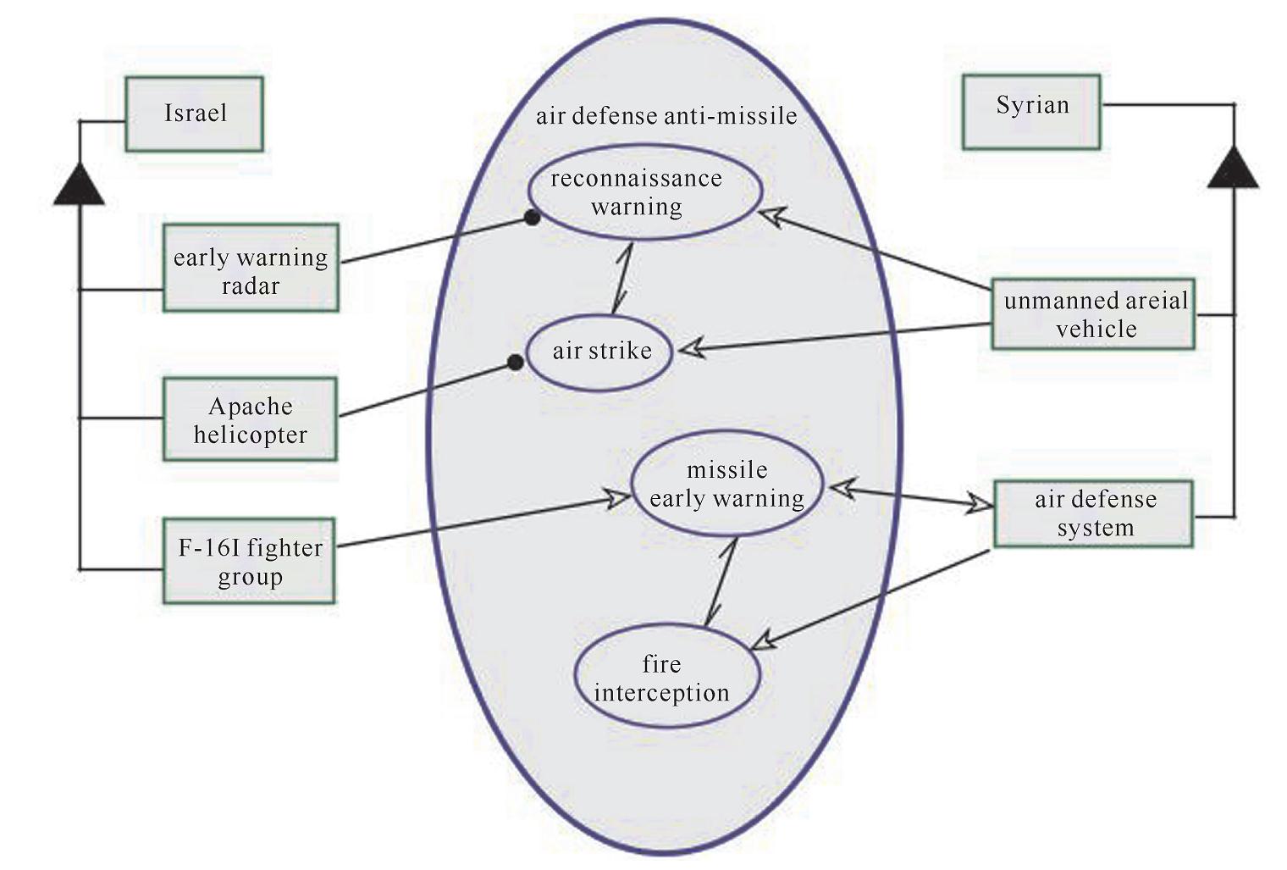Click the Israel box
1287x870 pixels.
[194, 114]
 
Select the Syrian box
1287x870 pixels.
[1031, 112]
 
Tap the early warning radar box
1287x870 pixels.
[251, 268]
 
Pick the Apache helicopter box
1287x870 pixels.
[250, 419]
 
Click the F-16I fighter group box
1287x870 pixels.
[249, 561]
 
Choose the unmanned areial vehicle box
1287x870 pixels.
[1093, 313]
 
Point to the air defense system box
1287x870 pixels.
[1093, 513]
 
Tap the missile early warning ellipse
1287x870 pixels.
[726, 484]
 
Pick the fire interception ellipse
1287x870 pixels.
[666, 677]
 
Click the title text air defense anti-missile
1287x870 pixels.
[666, 116]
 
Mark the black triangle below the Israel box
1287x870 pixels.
[79, 186]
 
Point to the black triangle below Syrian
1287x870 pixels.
[1233, 168]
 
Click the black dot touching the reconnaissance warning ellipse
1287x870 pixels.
[532, 218]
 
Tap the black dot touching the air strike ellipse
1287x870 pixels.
[515, 363]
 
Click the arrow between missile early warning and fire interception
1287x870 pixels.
[720, 582]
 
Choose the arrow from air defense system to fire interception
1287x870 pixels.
[872, 598]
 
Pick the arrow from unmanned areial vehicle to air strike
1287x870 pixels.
[838, 336]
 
